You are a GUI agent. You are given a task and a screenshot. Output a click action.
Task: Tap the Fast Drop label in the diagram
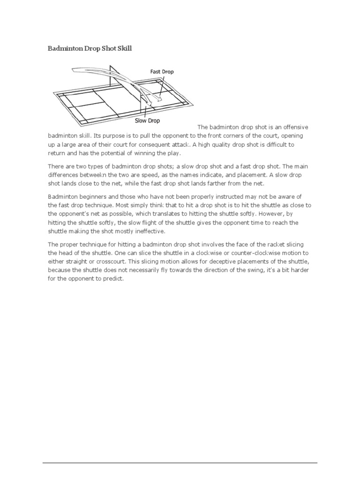[162, 71]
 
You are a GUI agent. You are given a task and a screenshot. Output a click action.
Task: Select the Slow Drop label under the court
[147, 120]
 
